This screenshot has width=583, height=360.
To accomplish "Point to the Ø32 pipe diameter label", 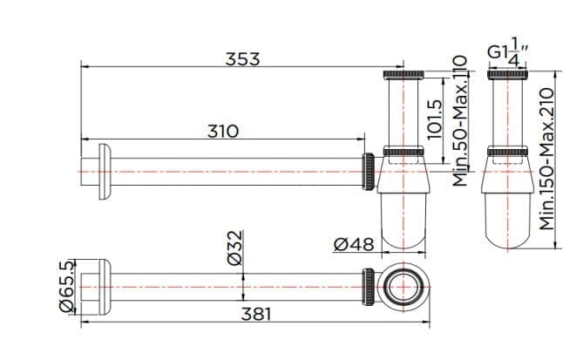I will [x=234, y=248].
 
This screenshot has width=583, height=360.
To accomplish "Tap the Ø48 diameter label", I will [x=354, y=246].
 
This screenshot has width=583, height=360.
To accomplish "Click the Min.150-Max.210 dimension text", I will [x=547, y=158].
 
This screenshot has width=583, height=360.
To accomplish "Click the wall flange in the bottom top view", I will [x=97, y=285].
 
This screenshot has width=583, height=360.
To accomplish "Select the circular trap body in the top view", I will [x=403, y=285].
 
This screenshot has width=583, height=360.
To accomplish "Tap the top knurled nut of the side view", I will [x=403, y=73].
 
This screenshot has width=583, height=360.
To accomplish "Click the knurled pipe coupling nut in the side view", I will [x=369, y=171].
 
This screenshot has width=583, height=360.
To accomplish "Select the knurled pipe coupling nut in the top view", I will [x=370, y=285].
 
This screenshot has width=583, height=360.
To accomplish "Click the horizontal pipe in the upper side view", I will [x=235, y=171].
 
